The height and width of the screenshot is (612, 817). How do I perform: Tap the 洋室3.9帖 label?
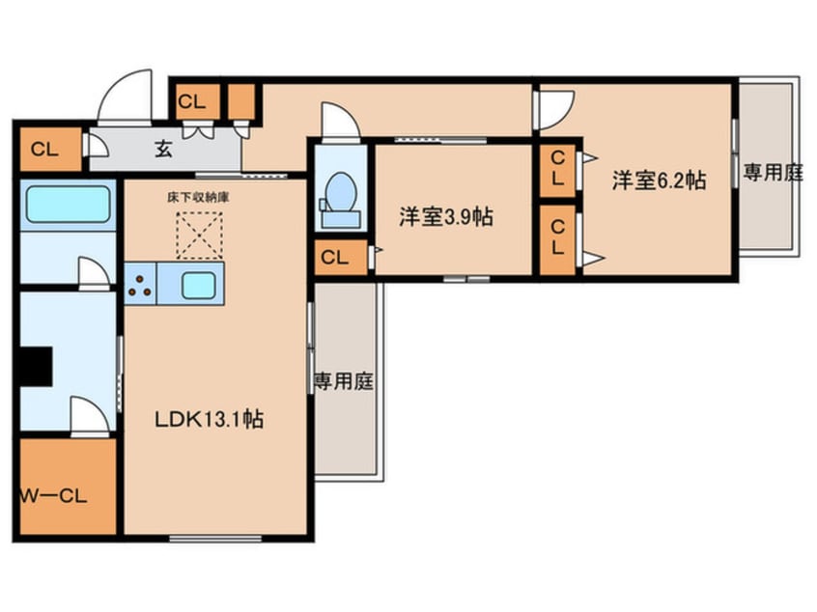coord(446,216)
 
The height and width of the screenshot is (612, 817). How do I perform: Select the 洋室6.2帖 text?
coord(657,181)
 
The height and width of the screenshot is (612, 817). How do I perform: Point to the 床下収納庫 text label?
coord(197,197)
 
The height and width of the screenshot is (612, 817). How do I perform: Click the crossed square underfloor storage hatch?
coord(198,236)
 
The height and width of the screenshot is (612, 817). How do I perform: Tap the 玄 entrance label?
coord(163,149)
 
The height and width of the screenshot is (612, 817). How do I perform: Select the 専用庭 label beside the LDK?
coord(343,381)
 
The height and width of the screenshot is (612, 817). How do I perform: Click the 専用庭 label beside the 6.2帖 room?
coord(772,174)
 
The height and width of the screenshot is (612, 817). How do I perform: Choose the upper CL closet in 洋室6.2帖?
coord(557,169)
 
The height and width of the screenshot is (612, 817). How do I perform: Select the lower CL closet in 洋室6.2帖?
coord(557,237)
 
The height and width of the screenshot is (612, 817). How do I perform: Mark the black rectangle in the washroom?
coord(37,367)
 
